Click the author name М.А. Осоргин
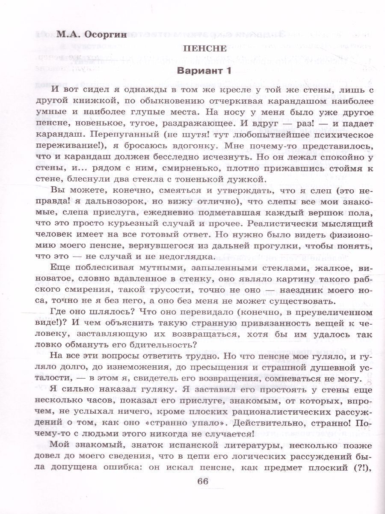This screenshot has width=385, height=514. [81, 35]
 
